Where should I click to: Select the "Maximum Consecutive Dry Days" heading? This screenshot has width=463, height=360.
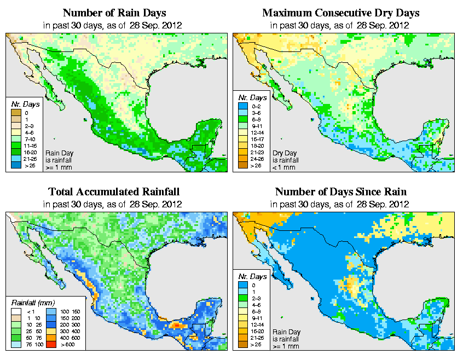pos(340,13)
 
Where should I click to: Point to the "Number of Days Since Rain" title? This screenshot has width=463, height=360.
pos(340,192)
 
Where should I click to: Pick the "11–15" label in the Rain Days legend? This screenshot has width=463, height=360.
pos(28,146)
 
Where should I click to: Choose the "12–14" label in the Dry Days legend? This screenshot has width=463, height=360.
pos(257,132)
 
